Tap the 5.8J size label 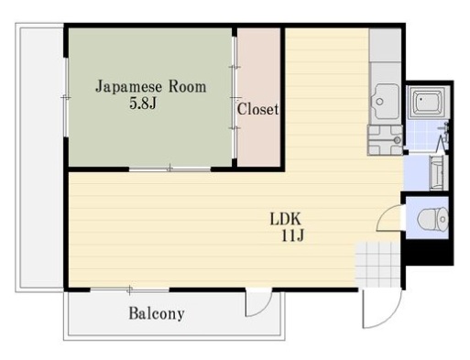[143, 104]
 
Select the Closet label [258, 109]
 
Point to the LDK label [286, 219]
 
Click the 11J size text [292, 235]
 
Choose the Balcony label [157, 313]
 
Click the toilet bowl [432, 219]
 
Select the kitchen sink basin [384, 101]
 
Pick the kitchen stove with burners [386, 140]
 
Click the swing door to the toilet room [390, 219]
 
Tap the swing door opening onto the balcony [258, 304]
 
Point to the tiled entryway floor [378, 265]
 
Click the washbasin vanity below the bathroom [439, 173]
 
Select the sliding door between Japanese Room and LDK [169, 169]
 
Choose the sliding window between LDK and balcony [130, 289]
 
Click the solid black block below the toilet [429, 252]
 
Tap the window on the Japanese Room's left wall [65, 97]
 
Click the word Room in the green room [188, 87]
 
